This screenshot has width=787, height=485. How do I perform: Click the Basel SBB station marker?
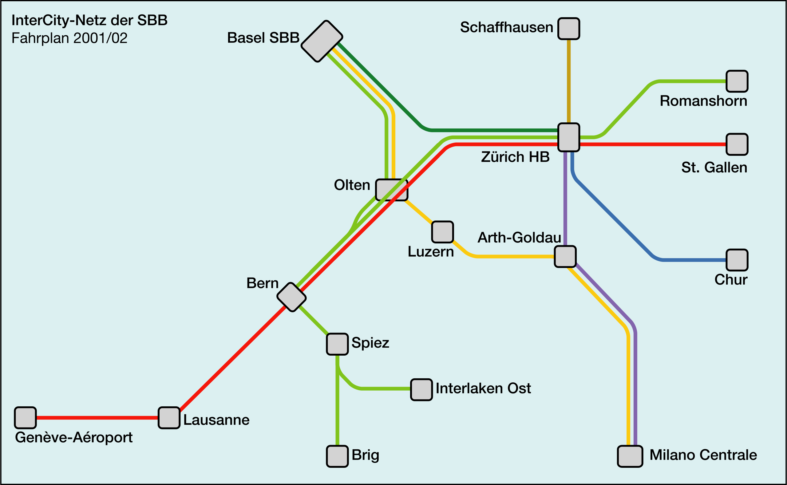pyautogui.click(x=322, y=41)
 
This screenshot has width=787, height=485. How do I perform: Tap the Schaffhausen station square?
pyautogui.click(x=568, y=29)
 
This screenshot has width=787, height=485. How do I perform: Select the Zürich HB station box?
pyautogui.click(x=568, y=137)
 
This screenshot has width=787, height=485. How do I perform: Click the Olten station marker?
pyautogui.click(x=391, y=190)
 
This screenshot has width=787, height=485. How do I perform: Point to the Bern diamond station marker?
pyautogui.click(x=291, y=297)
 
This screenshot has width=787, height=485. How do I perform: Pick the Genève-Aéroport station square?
pyautogui.click(x=25, y=418)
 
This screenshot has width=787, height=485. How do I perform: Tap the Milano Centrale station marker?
pyautogui.click(x=630, y=456)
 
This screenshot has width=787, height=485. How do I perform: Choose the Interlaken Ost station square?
pyautogui.click(x=421, y=390)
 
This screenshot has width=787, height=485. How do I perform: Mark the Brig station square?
pyautogui.click(x=337, y=456)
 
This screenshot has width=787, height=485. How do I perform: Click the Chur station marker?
pyautogui.click(x=737, y=260)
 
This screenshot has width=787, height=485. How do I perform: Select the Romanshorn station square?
pyautogui.click(x=737, y=81)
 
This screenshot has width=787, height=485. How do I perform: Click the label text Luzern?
pyautogui.click(x=431, y=252)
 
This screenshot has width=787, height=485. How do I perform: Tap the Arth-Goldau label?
pyautogui.click(x=519, y=238)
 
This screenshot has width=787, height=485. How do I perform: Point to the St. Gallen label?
pyautogui.click(x=714, y=168)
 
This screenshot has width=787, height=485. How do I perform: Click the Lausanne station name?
pyautogui.click(x=216, y=420)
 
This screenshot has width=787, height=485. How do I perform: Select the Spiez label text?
pyautogui.click(x=370, y=343)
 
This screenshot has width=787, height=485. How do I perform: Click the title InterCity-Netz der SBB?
pyautogui.click(x=89, y=20)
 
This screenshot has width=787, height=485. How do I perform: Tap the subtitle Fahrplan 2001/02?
pyautogui.click(x=69, y=38)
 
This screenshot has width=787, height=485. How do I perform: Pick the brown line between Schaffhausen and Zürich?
pyautogui.click(x=568, y=80)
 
